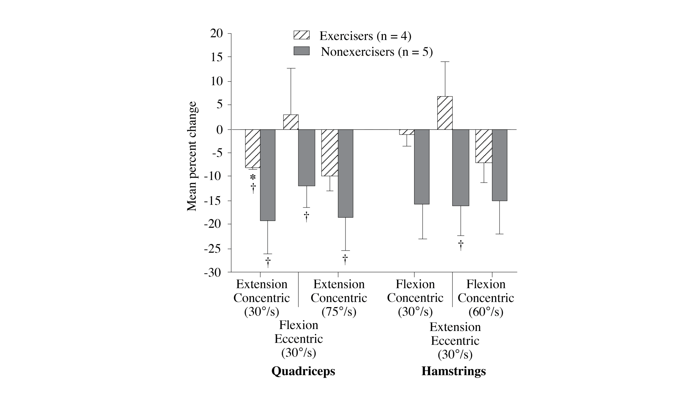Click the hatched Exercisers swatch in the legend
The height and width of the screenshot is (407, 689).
click(x=301, y=35)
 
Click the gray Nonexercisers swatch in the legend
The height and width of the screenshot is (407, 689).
click(x=301, y=51)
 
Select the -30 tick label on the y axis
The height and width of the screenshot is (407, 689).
click(x=213, y=272)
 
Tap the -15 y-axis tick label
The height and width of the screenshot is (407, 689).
click(x=213, y=201)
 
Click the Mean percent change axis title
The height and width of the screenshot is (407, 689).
click(x=192, y=156)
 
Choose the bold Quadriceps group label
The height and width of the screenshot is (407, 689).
click(x=303, y=371)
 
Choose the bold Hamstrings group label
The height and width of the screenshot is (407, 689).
click(x=454, y=371)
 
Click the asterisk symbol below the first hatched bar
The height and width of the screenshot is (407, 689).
click(x=253, y=177)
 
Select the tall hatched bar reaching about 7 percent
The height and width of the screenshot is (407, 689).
click(x=445, y=113)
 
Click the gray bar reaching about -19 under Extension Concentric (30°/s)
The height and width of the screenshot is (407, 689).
click(x=268, y=175)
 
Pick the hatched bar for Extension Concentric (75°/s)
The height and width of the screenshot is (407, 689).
click(x=329, y=153)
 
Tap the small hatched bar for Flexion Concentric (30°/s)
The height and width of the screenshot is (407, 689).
click(x=407, y=132)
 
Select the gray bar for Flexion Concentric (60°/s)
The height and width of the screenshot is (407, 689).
click(x=500, y=165)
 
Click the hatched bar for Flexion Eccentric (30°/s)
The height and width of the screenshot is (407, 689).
click(x=291, y=122)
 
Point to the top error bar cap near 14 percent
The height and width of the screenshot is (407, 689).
click(x=445, y=62)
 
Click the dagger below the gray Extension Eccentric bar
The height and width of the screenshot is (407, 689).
click(x=461, y=245)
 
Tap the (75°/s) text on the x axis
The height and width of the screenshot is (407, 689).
click(x=339, y=312)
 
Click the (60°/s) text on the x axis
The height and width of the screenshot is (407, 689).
click(x=486, y=312)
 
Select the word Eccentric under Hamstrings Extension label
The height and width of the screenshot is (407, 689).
click(x=455, y=341)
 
